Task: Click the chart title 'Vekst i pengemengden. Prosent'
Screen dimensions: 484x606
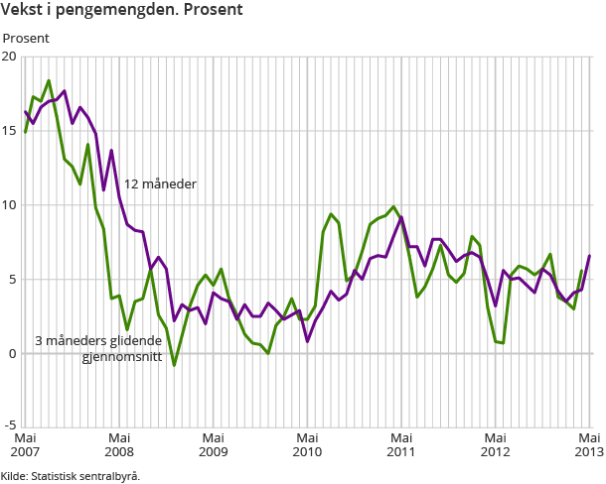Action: coord(121,11)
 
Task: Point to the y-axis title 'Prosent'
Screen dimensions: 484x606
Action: coord(26,39)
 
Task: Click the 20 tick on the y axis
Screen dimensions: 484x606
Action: coord(9,57)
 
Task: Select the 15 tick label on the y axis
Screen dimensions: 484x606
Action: coord(9,131)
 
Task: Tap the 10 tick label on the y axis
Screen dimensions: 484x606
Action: coord(9,205)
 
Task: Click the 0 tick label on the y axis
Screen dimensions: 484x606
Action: coord(12,354)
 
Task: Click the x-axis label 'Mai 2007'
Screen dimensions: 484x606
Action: coord(25,444)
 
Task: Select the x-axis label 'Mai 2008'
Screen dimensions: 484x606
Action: coord(119,444)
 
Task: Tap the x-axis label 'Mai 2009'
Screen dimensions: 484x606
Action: coord(214,444)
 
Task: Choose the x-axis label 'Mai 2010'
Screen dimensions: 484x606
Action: coord(307,444)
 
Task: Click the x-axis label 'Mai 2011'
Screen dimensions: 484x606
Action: coord(401,444)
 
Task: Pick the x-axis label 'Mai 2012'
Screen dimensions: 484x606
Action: coord(496,444)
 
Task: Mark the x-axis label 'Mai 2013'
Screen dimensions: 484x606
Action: coord(587,444)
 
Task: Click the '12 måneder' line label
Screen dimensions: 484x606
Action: coord(160,184)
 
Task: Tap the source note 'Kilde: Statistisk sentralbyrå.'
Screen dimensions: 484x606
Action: coord(71,476)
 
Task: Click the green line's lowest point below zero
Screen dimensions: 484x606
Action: coord(174,365)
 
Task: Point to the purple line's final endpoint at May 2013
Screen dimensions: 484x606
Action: coord(589,257)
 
